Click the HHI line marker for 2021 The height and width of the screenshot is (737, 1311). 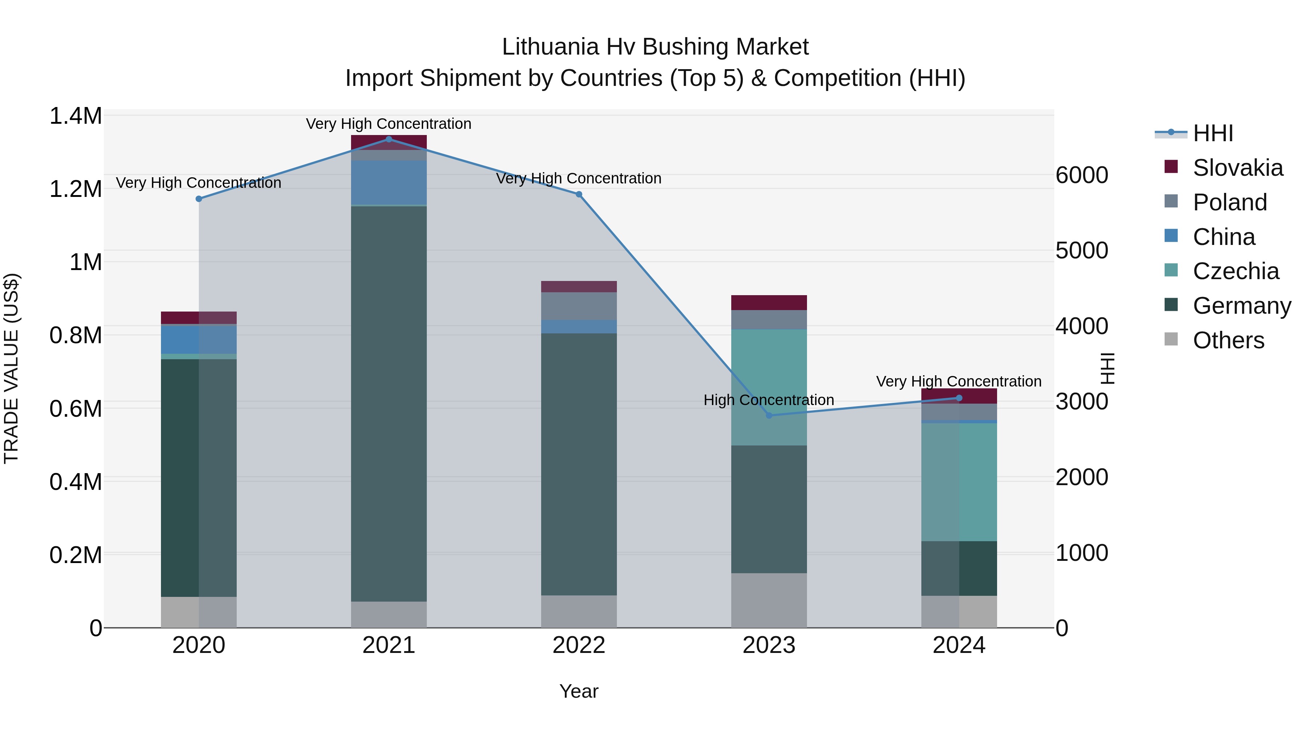point(389,139)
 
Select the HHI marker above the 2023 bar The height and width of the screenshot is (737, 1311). point(769,416)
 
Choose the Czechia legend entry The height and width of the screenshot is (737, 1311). point(1235,271)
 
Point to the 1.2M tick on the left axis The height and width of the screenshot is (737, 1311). point(75,189)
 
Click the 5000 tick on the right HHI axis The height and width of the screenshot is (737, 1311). point(1082,250)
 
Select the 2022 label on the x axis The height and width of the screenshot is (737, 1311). point(579,645)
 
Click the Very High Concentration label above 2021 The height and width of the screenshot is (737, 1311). point(389,124)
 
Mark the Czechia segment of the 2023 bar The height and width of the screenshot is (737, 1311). point(769,387)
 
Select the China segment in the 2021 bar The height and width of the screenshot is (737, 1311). point(389,183)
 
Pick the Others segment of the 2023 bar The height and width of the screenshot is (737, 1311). point(769,600)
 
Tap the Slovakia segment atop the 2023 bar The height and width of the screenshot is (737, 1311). point(769,303)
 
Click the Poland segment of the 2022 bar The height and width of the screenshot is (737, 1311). point(579,306)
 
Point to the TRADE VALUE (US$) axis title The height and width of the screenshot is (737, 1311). point(11,368)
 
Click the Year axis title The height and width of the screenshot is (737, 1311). point(579,691)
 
